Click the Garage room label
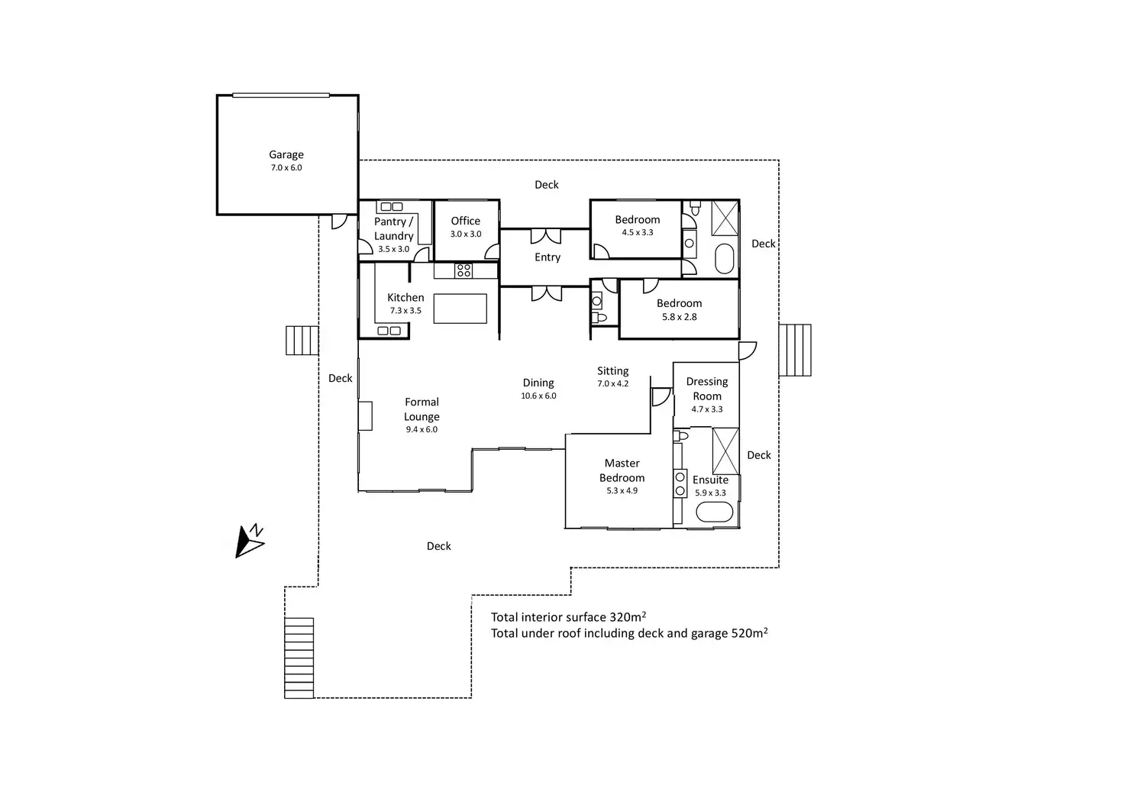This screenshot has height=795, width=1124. (286, 154)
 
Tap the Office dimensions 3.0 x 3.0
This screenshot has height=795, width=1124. (466, 234)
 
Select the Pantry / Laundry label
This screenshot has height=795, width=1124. (394, 228)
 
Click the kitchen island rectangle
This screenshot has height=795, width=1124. (460, 309)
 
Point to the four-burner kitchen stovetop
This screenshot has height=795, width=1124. (463, 270)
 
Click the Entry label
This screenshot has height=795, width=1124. (547, 257)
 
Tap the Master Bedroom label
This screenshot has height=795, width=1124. (622, 470)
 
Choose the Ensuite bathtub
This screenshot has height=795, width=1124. (715, 512)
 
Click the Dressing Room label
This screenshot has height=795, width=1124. (707, 389)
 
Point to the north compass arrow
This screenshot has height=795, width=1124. (248, 542)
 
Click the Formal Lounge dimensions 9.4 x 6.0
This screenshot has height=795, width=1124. (421, 430)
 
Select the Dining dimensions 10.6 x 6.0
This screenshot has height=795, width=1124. (538, 396)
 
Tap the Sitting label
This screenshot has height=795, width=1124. (612, 371)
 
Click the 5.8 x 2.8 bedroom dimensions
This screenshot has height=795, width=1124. (680, 317)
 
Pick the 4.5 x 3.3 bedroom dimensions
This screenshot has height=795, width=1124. (638, 232)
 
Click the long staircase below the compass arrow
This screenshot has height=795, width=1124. (299, 658)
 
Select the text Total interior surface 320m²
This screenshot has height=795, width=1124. (569, 617)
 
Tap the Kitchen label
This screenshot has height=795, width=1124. (405, 298)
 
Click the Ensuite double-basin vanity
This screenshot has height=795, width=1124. (680, 483)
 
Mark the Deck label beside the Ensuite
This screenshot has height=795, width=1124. (759, 455)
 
